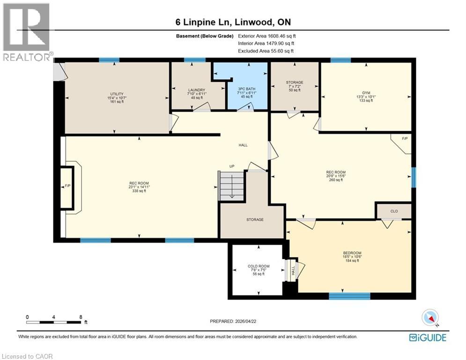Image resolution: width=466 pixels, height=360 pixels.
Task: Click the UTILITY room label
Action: (x=117, y=94)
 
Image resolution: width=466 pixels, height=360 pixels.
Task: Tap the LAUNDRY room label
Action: (x=197, y=90)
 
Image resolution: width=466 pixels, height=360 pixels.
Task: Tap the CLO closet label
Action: (x=394, y=211)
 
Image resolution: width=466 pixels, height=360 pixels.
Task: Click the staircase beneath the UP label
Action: (x=232, y=186)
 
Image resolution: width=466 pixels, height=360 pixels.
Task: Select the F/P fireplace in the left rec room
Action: (x=67, y=187)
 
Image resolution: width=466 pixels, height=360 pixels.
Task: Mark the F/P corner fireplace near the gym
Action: (x=405, y=139)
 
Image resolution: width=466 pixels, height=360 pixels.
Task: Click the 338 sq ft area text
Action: (x=139, y=191)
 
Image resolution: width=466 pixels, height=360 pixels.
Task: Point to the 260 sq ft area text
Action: (x=336, y=180)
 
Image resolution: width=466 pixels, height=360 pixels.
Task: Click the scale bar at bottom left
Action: (x=54, y=322)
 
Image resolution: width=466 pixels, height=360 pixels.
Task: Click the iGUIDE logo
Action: (x=427, y=337)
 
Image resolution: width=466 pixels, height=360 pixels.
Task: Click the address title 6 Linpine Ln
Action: (x=232, y=22)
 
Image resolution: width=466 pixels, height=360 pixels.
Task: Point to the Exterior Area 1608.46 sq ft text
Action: (x=267, y=36)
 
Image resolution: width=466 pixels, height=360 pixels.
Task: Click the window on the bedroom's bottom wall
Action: (x=349, y=296)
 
